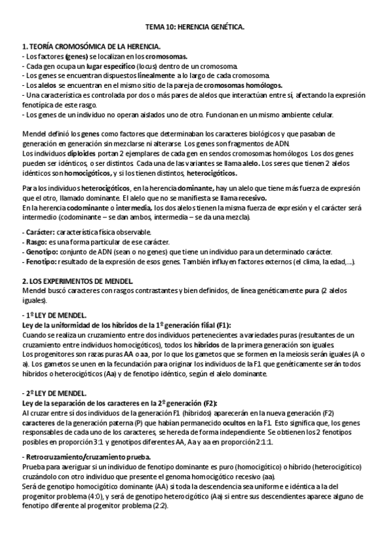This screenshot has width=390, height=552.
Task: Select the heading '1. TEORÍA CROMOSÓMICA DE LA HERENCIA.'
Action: point(91,48)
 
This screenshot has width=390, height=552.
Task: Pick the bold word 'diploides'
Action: point(83,154)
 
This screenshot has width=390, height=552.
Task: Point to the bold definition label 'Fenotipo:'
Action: point(41,262)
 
